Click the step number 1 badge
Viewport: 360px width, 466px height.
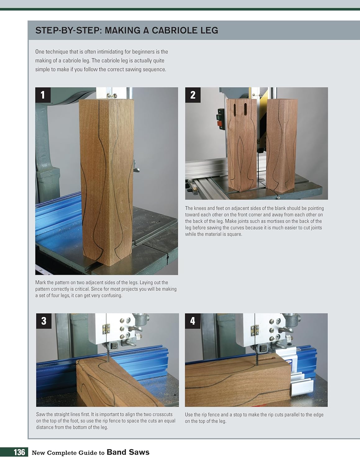coord(43,95)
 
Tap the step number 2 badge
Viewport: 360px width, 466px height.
coord(193,95)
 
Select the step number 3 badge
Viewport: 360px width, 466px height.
coord(43,321)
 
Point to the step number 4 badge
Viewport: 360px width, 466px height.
coord(193,321)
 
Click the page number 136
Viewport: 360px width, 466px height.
coord(19,452)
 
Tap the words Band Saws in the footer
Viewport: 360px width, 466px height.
coord(128,452)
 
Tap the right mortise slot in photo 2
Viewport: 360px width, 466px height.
coord(245,108)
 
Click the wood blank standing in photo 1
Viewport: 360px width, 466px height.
coord(106,180)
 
